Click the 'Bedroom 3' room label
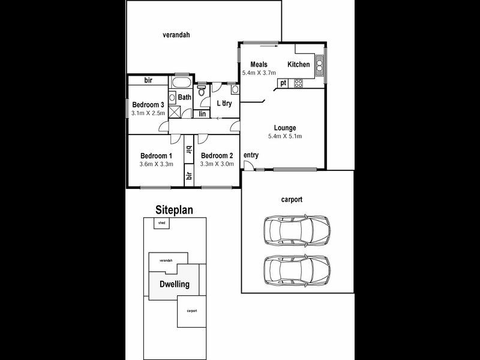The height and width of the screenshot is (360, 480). pos(148,104)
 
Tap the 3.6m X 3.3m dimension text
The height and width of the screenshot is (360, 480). pos(156,164)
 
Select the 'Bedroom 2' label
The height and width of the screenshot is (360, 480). pos(217,155)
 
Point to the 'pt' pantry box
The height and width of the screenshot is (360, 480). pos(283,83)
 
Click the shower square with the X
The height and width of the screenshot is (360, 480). pos(176,112)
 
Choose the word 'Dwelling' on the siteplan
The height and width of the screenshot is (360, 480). pos(174,284)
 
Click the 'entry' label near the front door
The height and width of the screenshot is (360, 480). pos(251,155)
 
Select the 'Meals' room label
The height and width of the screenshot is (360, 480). pos(259,65)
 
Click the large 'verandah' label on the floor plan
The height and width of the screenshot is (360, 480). pos(176,35)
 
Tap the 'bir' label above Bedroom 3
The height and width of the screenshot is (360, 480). pos(148,80)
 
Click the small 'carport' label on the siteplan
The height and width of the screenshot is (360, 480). pos(191,311)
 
